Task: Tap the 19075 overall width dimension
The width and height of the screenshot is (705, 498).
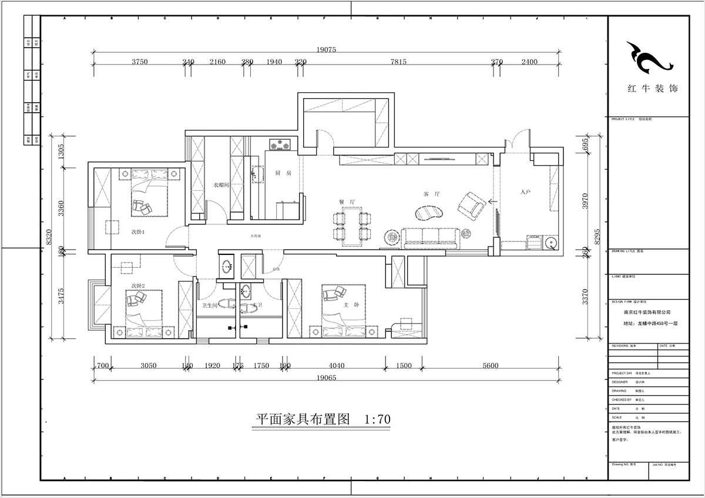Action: (325, 50)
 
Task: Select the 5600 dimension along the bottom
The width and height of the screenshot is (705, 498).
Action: (490, 366)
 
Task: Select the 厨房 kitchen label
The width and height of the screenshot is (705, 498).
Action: (283, 173)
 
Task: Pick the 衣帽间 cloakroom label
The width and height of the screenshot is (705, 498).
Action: (221, 185)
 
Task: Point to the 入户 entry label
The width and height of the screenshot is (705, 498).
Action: (526, 192)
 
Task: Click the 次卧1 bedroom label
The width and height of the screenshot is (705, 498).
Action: (138, 232)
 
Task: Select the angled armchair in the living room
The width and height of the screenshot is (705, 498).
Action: (471, 204)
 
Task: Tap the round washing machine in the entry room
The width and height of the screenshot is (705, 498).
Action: (551, 244)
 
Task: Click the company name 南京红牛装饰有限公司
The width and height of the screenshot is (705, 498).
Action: (647, 313)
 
